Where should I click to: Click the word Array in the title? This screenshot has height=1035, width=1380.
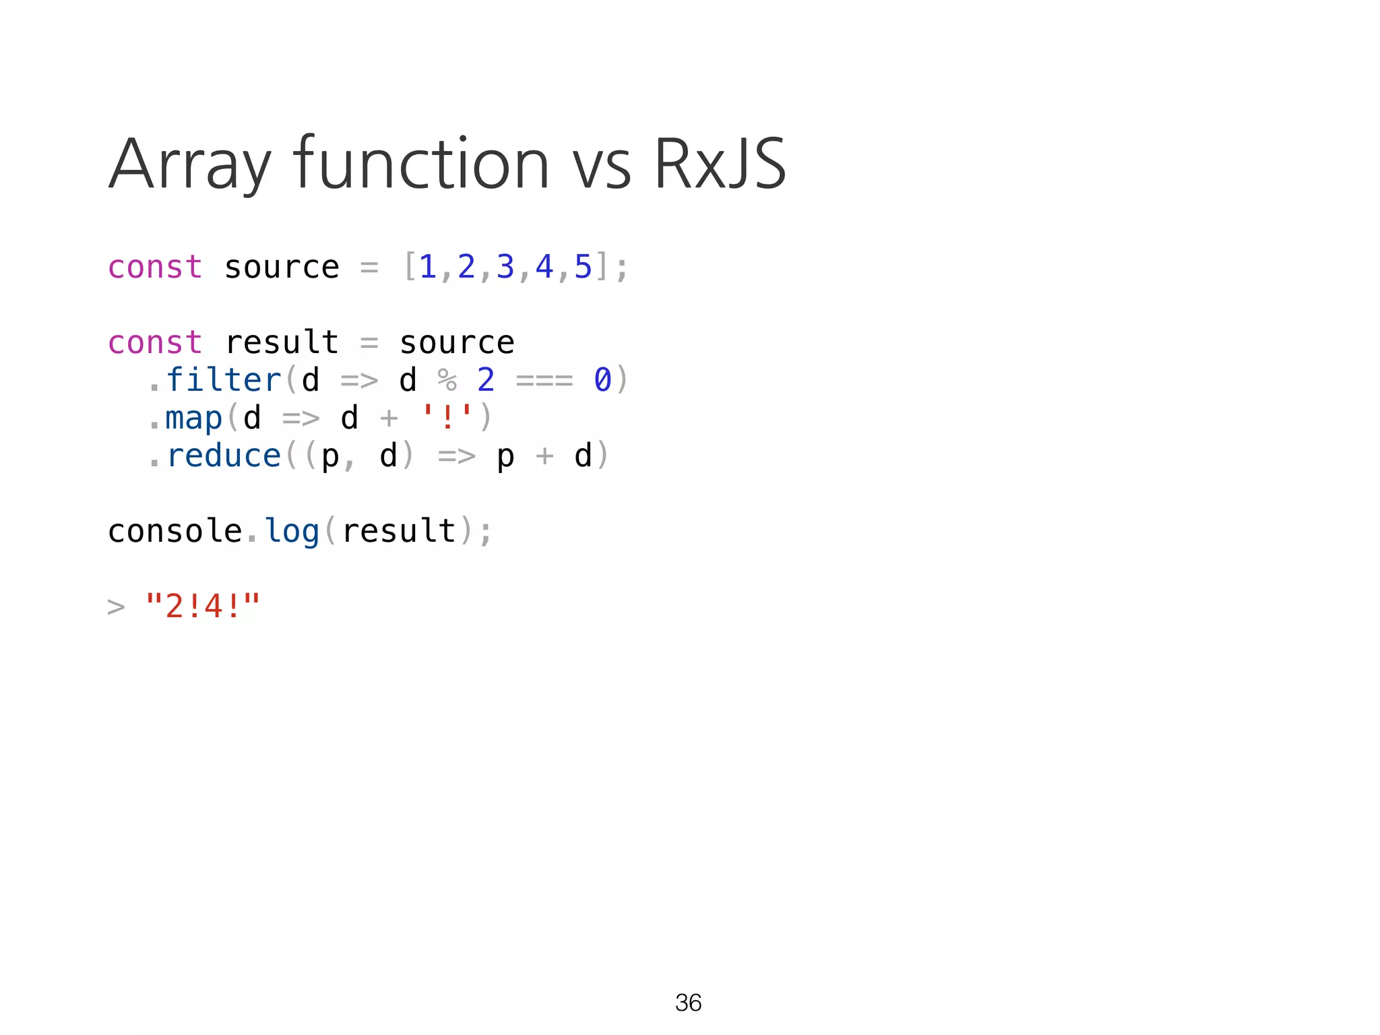[190, 164]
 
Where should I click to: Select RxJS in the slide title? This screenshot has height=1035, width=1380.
[720, 164]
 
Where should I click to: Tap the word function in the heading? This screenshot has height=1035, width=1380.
[421, 164]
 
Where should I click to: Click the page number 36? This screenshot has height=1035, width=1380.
[688, 1003]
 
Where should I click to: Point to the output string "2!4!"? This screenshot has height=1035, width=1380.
[202, 606]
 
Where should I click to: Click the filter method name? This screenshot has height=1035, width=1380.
[223, 380]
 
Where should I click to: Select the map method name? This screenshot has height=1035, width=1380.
[193, 418]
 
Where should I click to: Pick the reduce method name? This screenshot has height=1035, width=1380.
[223, 456]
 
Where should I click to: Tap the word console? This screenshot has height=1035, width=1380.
[175, 531]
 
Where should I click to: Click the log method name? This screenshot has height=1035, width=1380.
[291, 531]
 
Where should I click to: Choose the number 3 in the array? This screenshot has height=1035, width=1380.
[505, 268]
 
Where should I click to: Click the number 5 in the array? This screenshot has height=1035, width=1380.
[583, 268]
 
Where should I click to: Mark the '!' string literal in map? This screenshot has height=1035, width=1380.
[447, 417]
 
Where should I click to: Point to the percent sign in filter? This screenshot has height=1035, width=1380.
[447, 380]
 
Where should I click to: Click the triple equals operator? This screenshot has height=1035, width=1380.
[544, 381]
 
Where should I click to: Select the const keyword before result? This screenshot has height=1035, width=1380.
[155, 343]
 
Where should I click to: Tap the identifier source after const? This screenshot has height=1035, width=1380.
[282, 268]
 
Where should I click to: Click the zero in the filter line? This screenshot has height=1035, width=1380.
[602, 380]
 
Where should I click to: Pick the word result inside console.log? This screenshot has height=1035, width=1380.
[398, 531]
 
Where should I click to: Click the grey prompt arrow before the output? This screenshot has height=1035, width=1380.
[116, 607]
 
